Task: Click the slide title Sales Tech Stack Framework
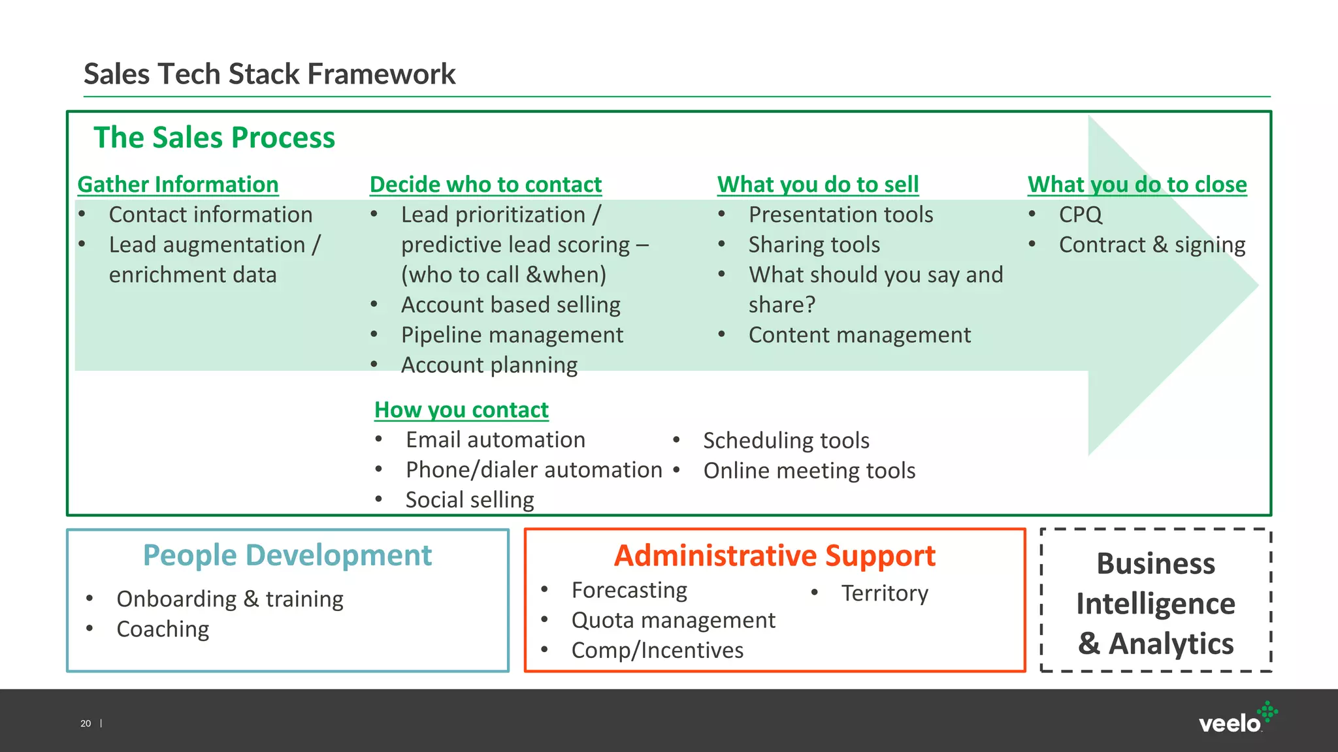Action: [x=269, y=74]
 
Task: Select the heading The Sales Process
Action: [x=214, y=138]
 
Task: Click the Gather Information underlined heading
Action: [x=178, y=185]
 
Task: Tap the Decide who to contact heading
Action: [x=485, y=185]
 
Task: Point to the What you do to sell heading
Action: [x=818, y=185]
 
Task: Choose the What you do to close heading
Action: [x=1137, y=185]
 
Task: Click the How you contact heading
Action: [x=461, y=410]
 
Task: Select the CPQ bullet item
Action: [x=1080, y=215]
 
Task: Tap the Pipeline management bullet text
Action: [x=512, y=335]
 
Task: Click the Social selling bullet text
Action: [x=470, y=500]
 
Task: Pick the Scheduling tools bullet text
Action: [x=786, y=441]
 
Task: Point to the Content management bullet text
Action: [x=859, y=335]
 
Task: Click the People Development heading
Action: [x=287, y=556]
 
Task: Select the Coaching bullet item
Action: [x=163, y=629]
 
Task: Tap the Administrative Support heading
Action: [x=775, y=556]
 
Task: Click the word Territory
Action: [x=884, y=593]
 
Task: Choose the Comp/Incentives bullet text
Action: [x=657, y=650]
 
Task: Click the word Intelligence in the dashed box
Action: [x=1155, y=604]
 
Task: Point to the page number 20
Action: [x=86, y=723]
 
